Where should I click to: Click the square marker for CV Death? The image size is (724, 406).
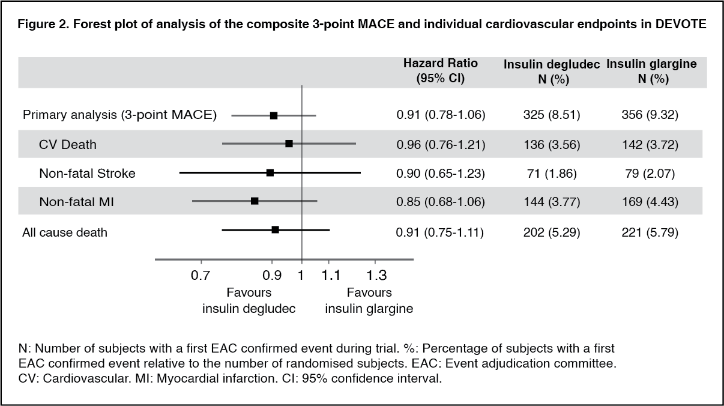(289, 144)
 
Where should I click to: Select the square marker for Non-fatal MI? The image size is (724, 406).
(255, 201)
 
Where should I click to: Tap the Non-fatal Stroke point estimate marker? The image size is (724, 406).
(270, 172)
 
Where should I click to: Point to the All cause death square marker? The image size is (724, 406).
(275, 229)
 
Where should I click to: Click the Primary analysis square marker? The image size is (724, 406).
(274, 115)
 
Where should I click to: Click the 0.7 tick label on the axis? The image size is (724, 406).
(201, 276)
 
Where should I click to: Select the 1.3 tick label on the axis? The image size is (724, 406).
(376, 276)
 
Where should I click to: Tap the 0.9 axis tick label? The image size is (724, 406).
(273, 276)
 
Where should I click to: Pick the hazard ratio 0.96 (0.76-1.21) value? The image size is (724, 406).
(441, 145)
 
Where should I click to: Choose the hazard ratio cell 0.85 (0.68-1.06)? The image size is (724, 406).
(441, 202)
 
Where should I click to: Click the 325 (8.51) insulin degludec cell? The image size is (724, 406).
(551, 115)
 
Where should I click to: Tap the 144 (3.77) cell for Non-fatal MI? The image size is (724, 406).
(551, 202)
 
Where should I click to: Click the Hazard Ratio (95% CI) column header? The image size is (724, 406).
(441, 71)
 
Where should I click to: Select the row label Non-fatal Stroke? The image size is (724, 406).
(87, 174)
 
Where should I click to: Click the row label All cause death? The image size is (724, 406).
(65, 231)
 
